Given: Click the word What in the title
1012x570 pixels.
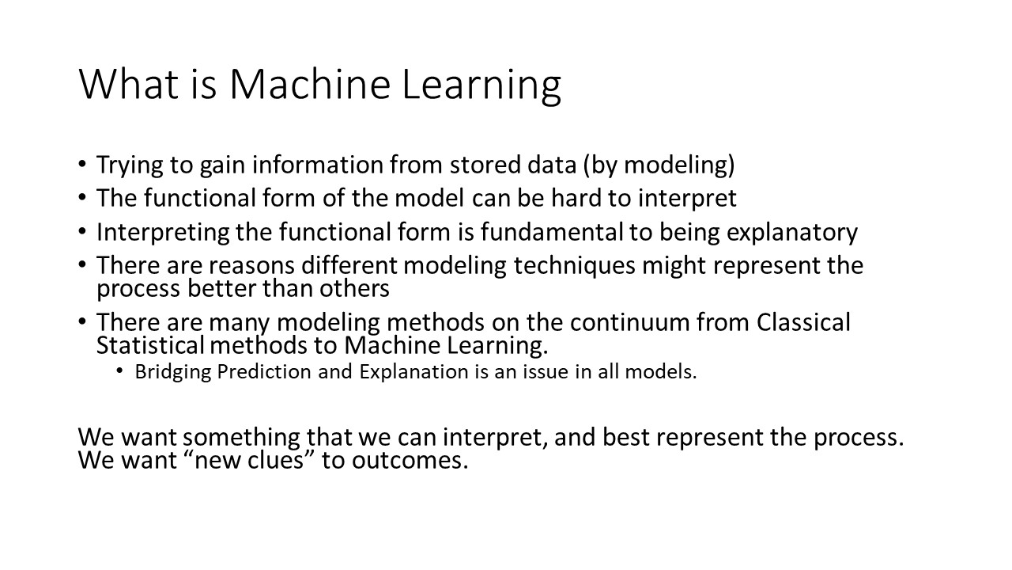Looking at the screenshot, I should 127,84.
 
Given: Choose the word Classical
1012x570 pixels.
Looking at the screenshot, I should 803,323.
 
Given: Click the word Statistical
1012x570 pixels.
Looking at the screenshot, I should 149,346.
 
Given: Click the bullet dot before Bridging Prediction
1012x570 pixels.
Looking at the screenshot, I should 119,372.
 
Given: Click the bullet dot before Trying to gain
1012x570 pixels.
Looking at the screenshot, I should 84,165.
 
